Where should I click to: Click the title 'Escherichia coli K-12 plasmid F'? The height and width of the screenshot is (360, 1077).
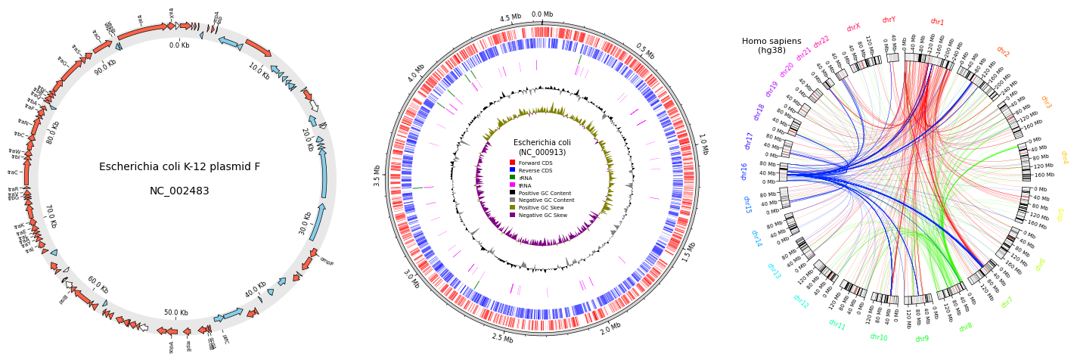pos(179,167)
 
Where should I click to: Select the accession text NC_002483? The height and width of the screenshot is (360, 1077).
pos(179,191)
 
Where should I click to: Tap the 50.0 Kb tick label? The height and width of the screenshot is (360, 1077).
pos(176,312)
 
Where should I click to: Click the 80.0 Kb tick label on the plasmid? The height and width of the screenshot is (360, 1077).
pos(53,132)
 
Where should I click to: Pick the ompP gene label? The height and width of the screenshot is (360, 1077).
pos(326,261)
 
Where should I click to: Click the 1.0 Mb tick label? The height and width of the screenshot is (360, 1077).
pos(703,144)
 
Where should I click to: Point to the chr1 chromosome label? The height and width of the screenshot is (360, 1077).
pos(937,22)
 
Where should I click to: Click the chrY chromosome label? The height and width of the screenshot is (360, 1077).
pos(889,20)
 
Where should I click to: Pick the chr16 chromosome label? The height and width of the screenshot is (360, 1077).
pos(744,172)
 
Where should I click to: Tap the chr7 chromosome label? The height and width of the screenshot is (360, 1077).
pos(1007,303)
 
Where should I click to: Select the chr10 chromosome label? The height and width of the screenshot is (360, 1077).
pos(878,337)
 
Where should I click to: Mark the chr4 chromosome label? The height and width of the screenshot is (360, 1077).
pos(1064,157)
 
